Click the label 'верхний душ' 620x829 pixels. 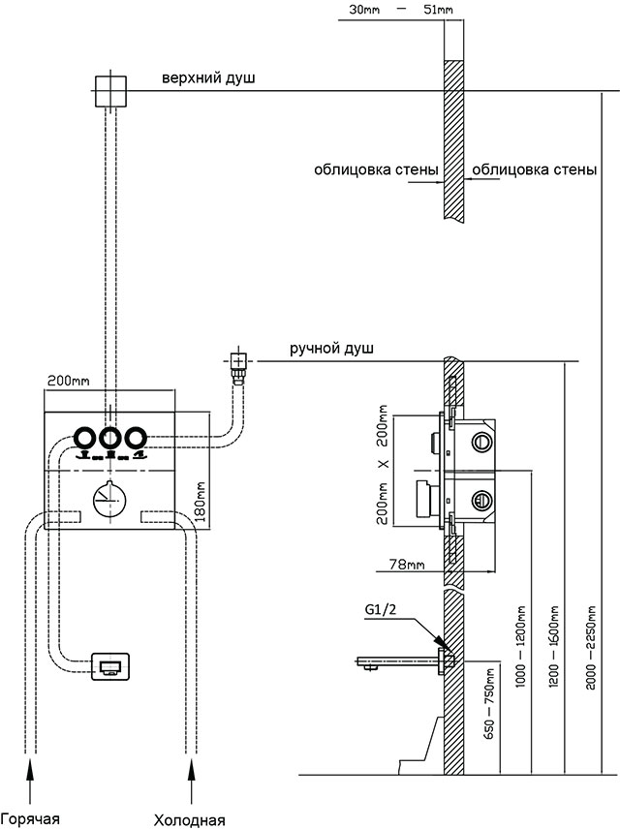click(x=208, y=77)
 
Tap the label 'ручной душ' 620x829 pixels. click(x=331, y=349)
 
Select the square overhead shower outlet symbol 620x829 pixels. click(x=110, y=91)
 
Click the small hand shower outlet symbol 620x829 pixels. click(x=238, y=361)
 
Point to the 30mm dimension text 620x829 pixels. click(x=364, y=10)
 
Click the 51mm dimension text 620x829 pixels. click(x=438, y=10)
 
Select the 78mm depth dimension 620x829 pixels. click(x=407, y=564)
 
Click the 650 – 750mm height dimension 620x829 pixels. click(x=489, y=704)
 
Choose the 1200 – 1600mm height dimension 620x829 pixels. click(x=554, y=647)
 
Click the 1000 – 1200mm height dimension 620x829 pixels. click(x=520, y=647)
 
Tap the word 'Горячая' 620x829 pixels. click(x=30, y=819)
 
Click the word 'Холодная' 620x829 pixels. click(x=189, y=820)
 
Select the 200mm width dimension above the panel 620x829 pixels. click(x=68, y=381)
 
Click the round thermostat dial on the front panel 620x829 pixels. click(x=109, y=500)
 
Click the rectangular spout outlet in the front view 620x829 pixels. click(x=110, y=666)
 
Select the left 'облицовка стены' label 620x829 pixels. click(x=376, y=170)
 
